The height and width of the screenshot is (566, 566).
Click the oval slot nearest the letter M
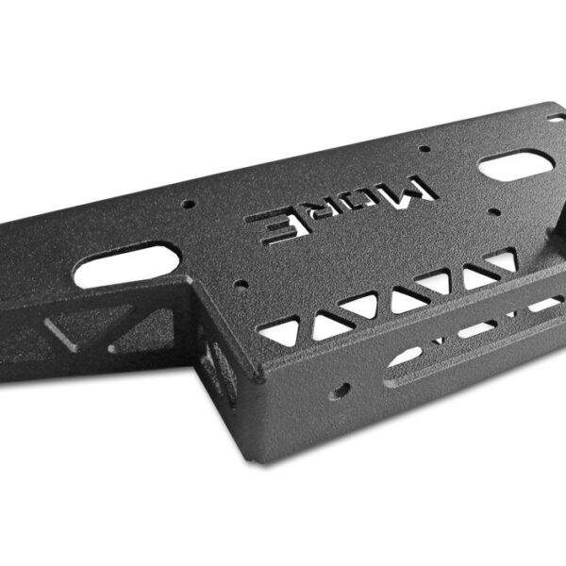click(x=516, y=166)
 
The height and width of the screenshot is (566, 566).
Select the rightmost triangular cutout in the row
click(x=503, y=260)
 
